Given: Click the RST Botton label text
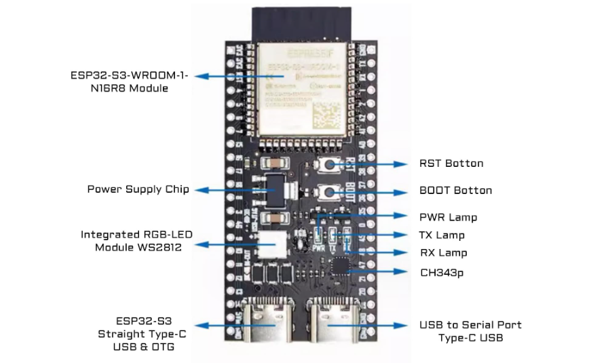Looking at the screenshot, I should (451, 164).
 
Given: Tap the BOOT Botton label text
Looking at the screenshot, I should (455, 191).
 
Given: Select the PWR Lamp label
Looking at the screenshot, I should (448, 218).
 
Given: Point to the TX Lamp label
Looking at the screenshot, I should (442, 235).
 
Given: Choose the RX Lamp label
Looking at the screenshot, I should (443, 253).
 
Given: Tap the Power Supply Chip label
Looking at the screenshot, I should (138, 189).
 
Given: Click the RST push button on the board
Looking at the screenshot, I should (332, 164).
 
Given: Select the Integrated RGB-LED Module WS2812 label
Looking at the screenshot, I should (136, 241).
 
